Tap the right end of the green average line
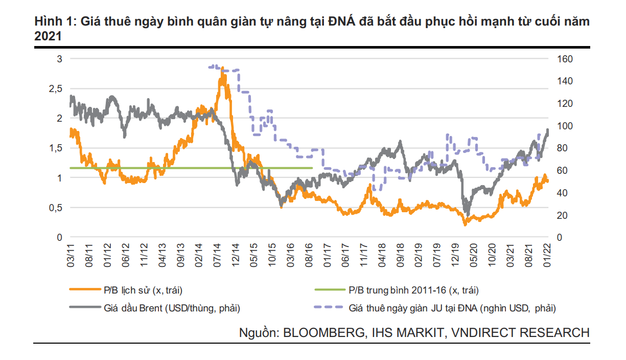[x=312, y=168]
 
